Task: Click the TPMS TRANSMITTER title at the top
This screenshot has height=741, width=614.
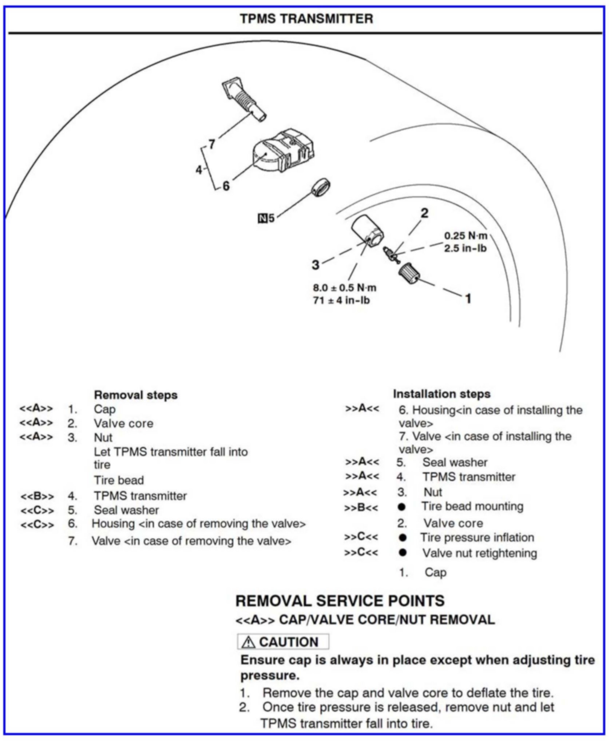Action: coord(306,19)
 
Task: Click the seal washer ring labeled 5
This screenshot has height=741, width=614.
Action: coord(321,188)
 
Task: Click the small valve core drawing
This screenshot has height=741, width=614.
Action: coord(391,254)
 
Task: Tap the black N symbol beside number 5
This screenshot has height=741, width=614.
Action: coord(262,218)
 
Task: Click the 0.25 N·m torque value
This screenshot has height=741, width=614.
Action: coord(466,236)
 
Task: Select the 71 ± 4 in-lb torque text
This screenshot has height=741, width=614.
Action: coord(341,301)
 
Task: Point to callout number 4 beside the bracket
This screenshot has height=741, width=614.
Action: coord(199,170)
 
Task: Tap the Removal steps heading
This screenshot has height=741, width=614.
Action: coord(135,395)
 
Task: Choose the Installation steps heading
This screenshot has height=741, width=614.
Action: coord(441,394)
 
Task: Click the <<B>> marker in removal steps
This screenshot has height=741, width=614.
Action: coord(37,496)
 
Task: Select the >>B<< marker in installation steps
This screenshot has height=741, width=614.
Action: coord(361,508)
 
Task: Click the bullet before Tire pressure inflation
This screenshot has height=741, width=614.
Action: coord(402,538)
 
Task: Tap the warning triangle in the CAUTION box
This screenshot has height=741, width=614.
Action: coord(249,642)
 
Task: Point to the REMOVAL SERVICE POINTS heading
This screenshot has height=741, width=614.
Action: coord(340,601)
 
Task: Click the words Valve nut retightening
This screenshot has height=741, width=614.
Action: coord(479,553)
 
